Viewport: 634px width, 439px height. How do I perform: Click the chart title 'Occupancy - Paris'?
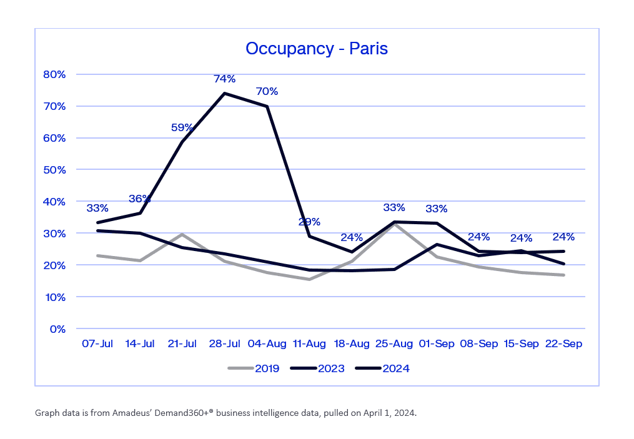317,49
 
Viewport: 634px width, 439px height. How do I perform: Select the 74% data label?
224,79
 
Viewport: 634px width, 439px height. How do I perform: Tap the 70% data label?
267,91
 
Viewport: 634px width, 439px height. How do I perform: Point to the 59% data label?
182,127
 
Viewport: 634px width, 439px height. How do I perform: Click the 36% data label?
140,199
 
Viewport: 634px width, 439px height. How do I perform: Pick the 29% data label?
309,222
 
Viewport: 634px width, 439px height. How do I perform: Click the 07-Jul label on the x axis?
97,344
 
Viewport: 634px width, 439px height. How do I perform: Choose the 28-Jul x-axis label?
224,344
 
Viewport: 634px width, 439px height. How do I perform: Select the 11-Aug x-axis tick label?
309,344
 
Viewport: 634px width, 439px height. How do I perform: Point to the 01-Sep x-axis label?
437,344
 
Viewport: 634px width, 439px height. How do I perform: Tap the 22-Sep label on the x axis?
564,344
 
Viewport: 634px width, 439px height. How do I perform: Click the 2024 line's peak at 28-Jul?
224,94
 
